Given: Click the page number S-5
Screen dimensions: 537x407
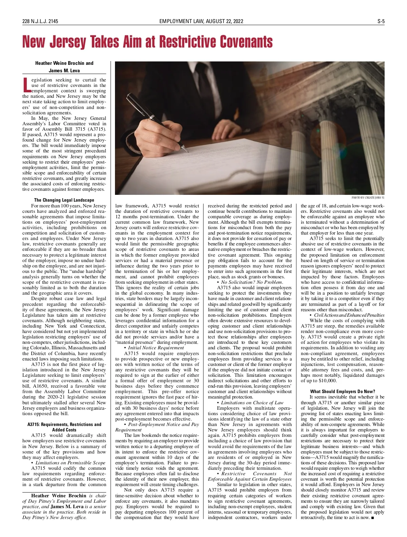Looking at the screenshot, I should [381, 21].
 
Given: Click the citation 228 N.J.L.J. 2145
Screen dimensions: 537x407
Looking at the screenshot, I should [40, 21].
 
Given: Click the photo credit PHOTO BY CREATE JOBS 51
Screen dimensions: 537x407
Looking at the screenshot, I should [368, 198].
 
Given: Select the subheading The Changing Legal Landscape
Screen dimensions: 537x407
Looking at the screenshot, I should [64, 200].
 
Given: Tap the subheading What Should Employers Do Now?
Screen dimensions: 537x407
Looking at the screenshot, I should [343, 391].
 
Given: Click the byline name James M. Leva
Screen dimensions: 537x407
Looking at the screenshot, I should [64, 71].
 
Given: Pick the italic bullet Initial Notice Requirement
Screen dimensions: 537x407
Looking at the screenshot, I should [156, 348].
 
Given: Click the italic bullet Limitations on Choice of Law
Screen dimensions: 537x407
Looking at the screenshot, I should [252, 403].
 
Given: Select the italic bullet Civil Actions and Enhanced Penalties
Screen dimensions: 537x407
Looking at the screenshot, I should [349, 315].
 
